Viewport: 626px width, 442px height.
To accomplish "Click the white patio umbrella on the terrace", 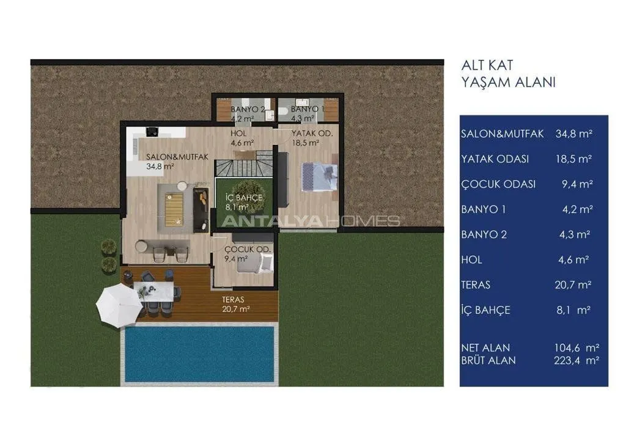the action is tap(119, 306).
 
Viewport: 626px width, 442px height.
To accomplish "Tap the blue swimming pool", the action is tap(199, 354).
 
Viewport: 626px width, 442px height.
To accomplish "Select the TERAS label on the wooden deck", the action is tap(233, 299).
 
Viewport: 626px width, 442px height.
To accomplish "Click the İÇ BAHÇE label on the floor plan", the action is tap(243, 198).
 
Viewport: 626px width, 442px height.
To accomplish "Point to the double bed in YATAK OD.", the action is tap(320, 176).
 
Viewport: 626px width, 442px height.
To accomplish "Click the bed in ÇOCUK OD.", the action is tap(255, 264).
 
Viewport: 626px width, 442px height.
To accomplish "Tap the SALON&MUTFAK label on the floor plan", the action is tap(177, 157).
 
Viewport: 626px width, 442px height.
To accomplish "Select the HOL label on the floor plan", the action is tap(238, 133).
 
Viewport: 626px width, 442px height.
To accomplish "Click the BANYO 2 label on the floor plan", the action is tap(248, 109).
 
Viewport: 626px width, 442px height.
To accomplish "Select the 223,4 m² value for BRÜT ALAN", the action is tap(576, 361).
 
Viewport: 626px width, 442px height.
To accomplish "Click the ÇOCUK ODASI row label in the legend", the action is tap(498, 184).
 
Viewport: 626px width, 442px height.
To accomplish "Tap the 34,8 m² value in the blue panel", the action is tap(573, 134).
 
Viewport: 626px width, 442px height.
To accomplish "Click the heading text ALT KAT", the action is tap(487, 65).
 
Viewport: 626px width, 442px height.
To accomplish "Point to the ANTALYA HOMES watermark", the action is tap(311, 221).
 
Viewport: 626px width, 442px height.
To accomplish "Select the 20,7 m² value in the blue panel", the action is tap(573, 285).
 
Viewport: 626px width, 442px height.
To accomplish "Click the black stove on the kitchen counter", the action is tap(152, 131).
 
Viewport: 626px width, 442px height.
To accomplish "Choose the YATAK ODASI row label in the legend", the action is tap(495, 159).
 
